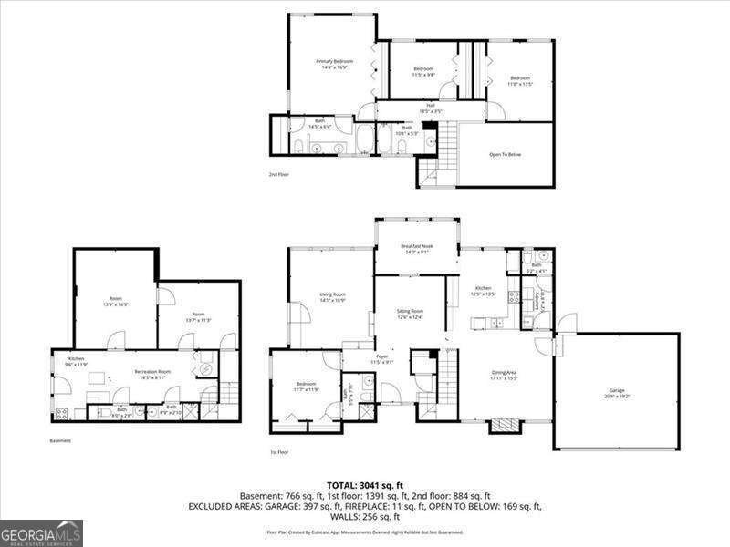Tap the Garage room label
point(617,394)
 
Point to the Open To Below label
point(505,154)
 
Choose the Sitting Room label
point(411,313)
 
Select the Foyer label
point(381,359)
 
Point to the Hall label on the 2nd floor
point(431,108)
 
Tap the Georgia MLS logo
point(41,532)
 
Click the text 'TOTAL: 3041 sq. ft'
point(365,484)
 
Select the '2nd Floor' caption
point(279,173)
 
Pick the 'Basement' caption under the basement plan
point(60,440)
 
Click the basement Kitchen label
point(77,361)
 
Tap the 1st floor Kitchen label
point(482,291)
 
